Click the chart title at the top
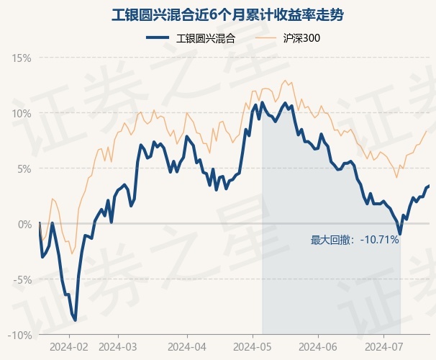click(x=227, y=15)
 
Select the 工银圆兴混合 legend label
click(x=206, y=38)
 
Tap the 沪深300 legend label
click(x=301, y=38)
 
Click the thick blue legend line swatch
click(x=158, y=38)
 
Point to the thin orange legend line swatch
click(x=265, y=38)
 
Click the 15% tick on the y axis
click(x=22, y=58)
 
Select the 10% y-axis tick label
click(x=22, y=114)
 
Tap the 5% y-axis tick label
click(x=24, y=169)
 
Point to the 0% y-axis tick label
click(x=24, y=224)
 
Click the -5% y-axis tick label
click(x=22, y=280)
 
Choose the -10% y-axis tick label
click(x=19, y=336)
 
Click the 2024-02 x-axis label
click(x=69, y=347)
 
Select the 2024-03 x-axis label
click(x=118, y=347)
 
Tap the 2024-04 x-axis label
click(x=187, y=347)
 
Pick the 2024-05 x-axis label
click(x=253, y=347)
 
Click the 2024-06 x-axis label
click(x=318, y=347)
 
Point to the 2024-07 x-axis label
click(x=383, y=347)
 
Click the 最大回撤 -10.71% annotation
click(x=355, y=240)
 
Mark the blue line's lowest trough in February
click(x=75, y=320)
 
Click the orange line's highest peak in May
click(x=285, y=81)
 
